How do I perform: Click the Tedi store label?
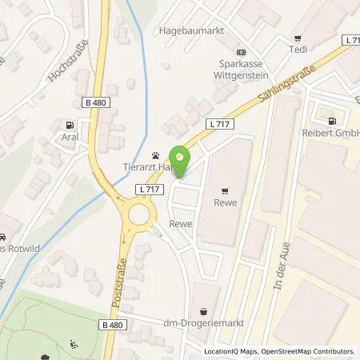coord(298,50)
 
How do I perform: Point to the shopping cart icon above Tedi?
coord(298,37)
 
